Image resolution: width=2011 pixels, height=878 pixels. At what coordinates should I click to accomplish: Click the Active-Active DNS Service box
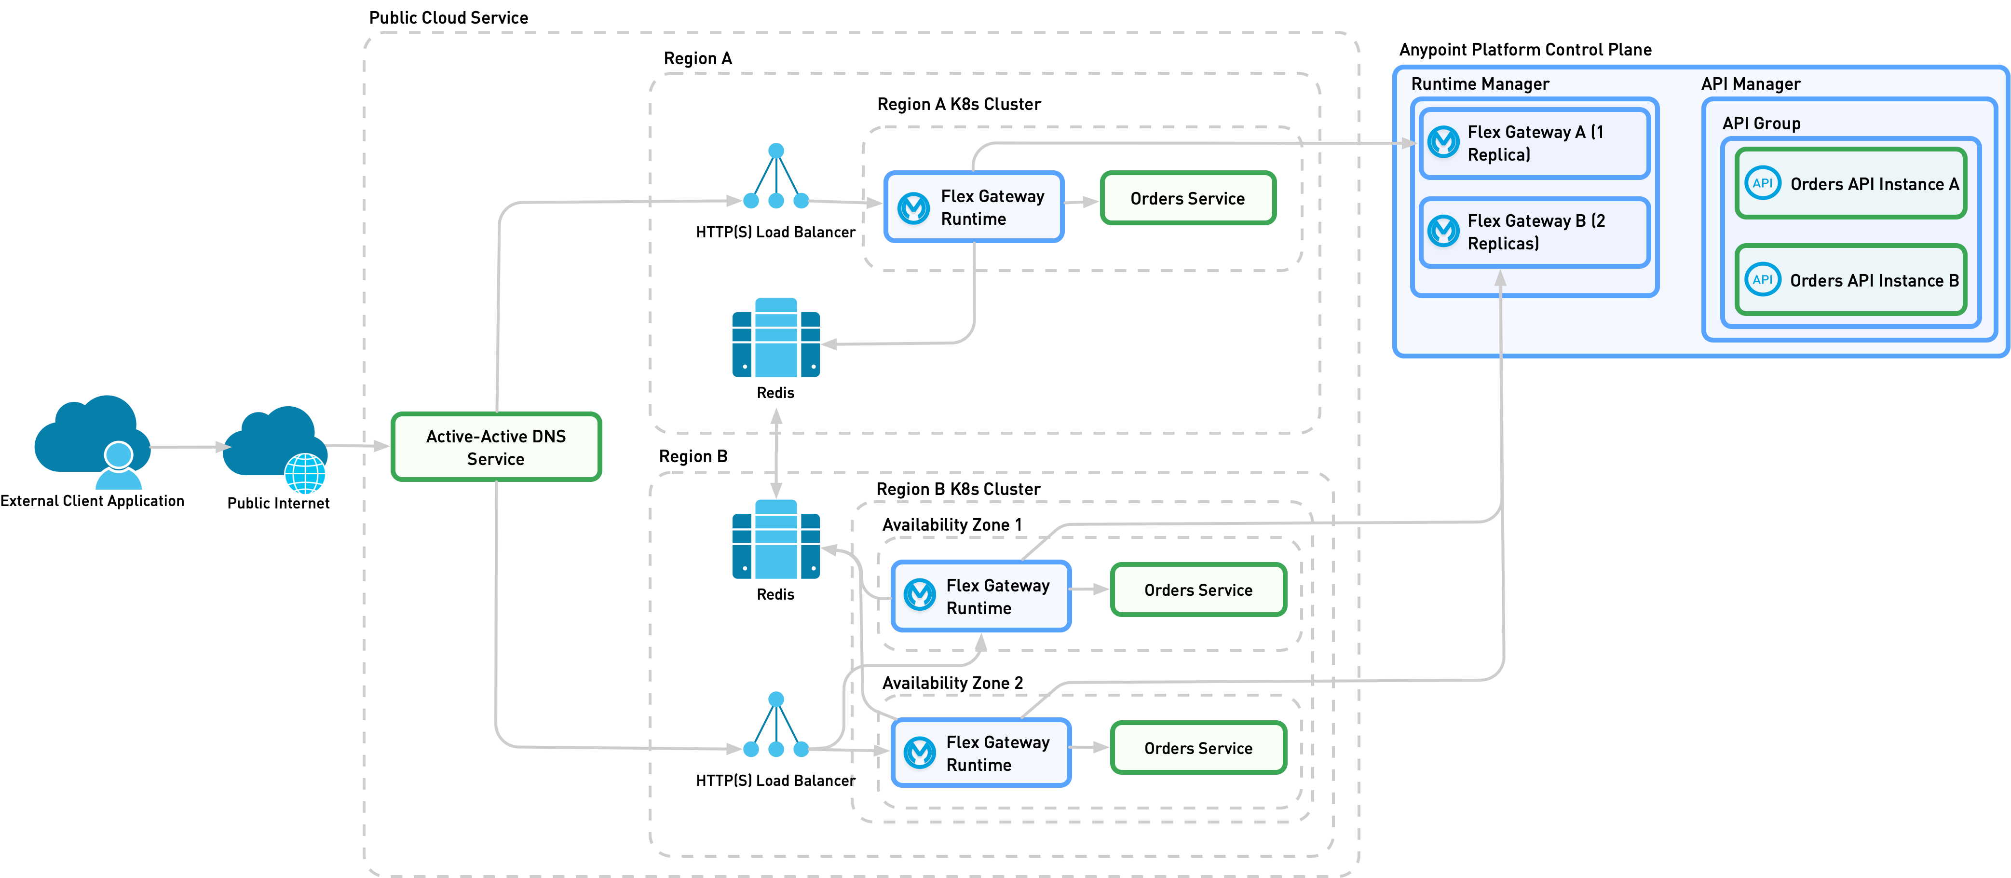(x=496, y=447)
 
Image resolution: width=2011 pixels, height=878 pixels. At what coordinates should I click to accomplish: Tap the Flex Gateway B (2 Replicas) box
(x=1534, y=232)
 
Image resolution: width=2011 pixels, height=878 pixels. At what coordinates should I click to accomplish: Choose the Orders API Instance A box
(x=1850, y=184)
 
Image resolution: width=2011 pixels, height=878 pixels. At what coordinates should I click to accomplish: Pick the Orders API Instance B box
(x=1850, y=280)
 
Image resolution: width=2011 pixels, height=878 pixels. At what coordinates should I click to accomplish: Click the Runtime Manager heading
(x=1480, y=83)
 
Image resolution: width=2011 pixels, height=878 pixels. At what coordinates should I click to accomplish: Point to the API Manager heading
(x=1750, y=83)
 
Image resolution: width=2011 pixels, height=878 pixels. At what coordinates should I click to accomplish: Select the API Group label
(x=1761, y=123)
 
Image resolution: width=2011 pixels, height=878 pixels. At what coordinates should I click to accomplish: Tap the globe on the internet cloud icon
(x=304, y=473)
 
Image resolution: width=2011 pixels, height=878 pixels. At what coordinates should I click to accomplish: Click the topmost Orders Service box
(x=1187, y=198)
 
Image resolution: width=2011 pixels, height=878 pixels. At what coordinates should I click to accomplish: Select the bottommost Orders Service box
(x=1197, y=748)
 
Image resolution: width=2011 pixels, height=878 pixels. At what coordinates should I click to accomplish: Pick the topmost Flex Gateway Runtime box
(x=974, y=207)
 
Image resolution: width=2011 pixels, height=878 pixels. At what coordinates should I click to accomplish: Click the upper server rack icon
(x=776, y=338)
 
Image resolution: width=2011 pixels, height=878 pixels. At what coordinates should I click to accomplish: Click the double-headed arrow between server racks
(x=776, y=453)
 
